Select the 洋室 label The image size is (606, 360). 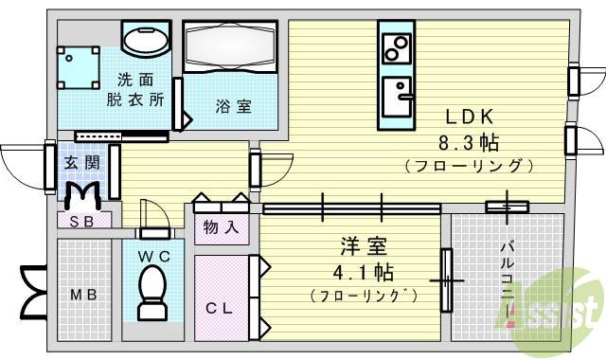365,248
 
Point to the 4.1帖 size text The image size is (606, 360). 365,273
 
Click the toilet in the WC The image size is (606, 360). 151,290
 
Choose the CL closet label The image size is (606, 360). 220,307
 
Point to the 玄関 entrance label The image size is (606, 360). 81,163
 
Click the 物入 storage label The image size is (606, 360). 221,228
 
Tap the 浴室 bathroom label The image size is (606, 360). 232,106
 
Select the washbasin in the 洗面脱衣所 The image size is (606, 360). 146,40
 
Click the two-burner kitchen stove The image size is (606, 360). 397,45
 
